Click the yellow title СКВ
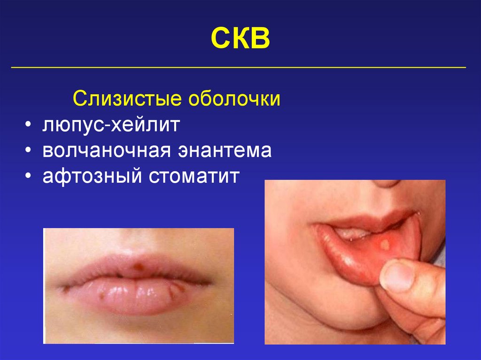(x=240, y=38)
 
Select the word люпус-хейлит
(x=111, y=126)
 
